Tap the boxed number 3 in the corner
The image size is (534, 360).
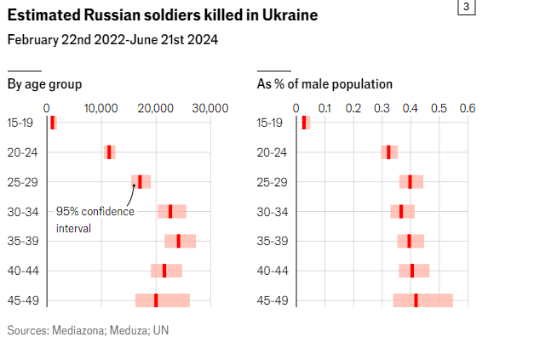466,7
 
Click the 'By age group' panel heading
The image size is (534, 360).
44,83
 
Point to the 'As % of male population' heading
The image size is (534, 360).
324,83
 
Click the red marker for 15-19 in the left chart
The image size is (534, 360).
53,123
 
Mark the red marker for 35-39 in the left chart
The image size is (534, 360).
178,241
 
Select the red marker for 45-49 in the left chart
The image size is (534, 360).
156,300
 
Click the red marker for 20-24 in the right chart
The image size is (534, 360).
388,152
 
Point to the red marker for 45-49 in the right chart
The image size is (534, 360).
416,300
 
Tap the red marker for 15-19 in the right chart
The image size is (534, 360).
304,123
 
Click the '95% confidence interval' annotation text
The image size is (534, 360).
95,220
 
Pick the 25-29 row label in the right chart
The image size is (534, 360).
272,182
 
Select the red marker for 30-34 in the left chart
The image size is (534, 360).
170,211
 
